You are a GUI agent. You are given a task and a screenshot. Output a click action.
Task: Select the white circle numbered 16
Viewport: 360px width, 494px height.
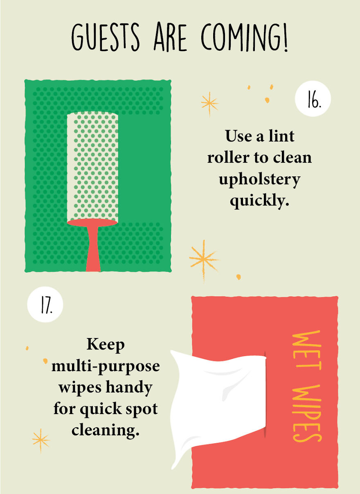click(313, 99)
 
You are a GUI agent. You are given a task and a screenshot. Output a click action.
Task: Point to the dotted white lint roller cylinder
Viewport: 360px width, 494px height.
click(92, 166)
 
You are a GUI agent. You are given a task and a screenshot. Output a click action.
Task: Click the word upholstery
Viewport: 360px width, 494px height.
click(259, 180)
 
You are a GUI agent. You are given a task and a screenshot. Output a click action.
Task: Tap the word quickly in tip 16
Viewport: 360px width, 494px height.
click(259, 201)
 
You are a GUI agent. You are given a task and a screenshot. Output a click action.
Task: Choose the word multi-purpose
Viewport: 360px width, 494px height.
click(105, 365)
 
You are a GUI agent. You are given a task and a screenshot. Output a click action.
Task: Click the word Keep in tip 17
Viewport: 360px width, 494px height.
click(105, 344)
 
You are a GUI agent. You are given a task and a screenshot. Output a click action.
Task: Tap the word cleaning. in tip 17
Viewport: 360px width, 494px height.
click(105, 430)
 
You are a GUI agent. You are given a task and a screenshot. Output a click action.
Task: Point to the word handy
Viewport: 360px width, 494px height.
click(129, 387)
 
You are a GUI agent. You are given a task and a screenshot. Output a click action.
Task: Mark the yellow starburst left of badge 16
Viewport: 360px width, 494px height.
click(209, 103)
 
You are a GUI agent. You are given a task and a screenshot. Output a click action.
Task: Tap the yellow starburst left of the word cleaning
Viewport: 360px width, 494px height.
click(40, 440)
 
